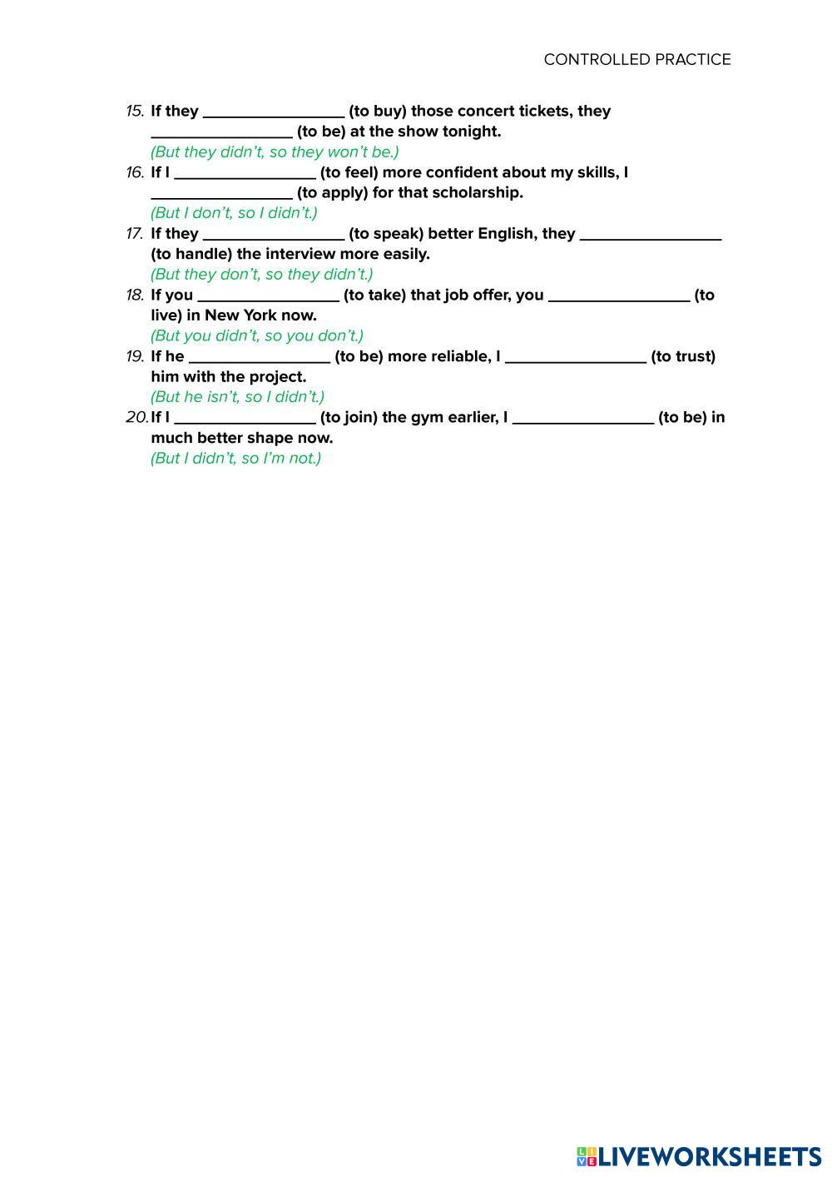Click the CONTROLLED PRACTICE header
pos(636,59)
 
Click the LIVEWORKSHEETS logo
pos(699,1156)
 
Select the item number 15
pos(135,111)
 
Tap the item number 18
pos(135,295)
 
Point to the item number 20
pos(136,417)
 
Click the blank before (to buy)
pos(274,112)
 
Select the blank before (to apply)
pos(221,194)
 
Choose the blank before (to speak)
pos(274,235)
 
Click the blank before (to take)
pos(269,296)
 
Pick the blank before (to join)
pos(245,419)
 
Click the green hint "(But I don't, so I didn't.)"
pos(234,213)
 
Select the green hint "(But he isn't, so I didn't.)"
pos(237,397)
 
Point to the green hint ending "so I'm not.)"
pos(235,458)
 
